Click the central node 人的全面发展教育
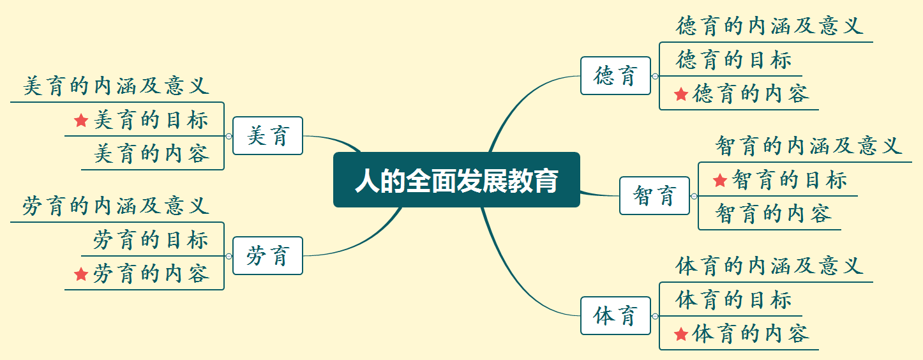pyautogui.click(x=456, y=180)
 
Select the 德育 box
pyautogui.click(x=615, y=76)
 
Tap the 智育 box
pyautogui.click(x=654, y=195)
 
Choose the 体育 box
pyautogui.click(x=615, y=315)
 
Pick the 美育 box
pyautogui.click(x=267, y=135)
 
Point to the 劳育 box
pyautogui.click(x=267, y=255)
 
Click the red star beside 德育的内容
pyautogui.click(x=681, y=94)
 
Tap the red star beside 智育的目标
pyautogui.click(x=720, y=181)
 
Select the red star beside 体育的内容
pyautogui.click(x=681, y=334)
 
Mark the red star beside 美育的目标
pyautogui.click(x=80, y=119)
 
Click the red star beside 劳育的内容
pyautogui.click(x=80, y=274)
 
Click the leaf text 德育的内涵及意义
pyautogui.click(x=769, y=26)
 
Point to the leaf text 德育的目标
pyautogui.click(x=733, y=60)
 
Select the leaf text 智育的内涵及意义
pyautogui.click(x=808, y=146)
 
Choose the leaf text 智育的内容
pyautogui.click(x=773, y=213)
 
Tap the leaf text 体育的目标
pyautogui.click(x=733, y=299)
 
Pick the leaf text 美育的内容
pyautogui.click(x=152, y=154)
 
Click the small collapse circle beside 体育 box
pyautogui.click(x=655, y=316)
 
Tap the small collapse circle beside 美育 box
pyautogui.click(x=229, y=136)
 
